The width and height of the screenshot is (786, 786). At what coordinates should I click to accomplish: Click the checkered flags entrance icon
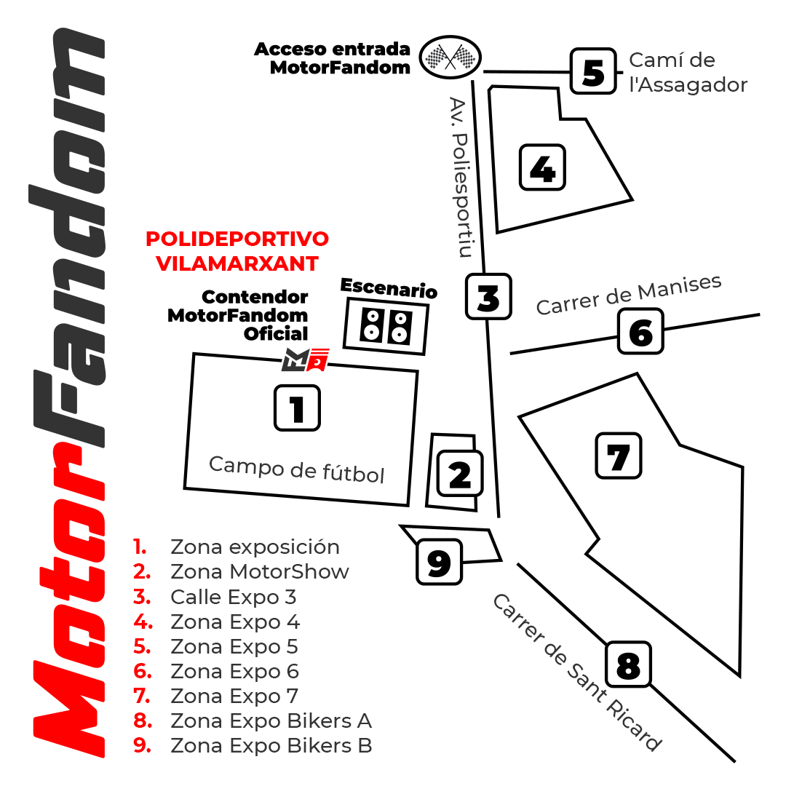(x=450, y=57)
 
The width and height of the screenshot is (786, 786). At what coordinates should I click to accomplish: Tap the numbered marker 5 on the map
(x=594, y=71)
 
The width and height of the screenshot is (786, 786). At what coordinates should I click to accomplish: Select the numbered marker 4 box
(x=542, y=167)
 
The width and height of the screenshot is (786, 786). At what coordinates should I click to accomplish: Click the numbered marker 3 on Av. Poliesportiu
(x=489, y=296)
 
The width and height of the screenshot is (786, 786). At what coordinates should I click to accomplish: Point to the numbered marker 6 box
(x=640, y=331)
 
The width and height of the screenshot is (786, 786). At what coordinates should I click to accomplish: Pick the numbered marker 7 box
(x=619, y=456)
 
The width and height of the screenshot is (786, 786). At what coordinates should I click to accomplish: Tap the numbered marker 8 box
(x=629, y=664)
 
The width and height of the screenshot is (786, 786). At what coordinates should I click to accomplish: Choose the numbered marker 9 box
(x=439, y=562)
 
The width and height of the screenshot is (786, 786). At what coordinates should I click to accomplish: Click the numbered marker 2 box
(x=460, y=474)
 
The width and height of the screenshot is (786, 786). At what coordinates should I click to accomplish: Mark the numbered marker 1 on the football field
(x=297, y=408)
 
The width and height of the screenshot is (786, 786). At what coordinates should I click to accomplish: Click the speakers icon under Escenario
(x=386, y=326)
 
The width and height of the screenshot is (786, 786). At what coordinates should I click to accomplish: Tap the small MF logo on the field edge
(x=305, y=360)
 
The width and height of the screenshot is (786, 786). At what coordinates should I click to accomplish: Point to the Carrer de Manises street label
(x=629, y=295)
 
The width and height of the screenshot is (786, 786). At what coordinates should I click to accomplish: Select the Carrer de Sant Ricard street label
(x=577, y=672)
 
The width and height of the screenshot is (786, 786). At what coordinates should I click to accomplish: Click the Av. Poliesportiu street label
(x=461, y=177)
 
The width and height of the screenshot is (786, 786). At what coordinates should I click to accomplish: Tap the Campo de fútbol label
(x=297, y=469)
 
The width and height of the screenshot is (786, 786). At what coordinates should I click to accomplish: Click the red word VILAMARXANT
(x=237, y=263)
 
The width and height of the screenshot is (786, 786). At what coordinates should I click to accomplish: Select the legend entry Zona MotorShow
(x=260, y=571)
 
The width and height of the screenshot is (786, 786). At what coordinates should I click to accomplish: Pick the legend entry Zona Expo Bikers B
(x=271, y=745)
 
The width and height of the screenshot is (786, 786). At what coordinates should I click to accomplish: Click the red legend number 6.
(x=143, y=671)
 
